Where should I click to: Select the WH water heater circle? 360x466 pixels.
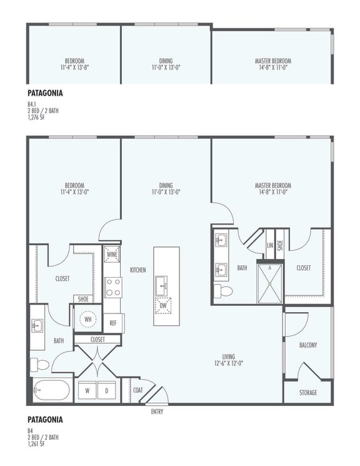87,320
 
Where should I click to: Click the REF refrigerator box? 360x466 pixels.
113,323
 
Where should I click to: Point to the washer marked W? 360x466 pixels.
87,390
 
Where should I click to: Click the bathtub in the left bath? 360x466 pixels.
51,391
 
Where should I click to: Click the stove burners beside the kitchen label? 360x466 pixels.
112,288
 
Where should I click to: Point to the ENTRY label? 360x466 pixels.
157,412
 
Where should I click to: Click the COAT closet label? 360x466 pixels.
138,390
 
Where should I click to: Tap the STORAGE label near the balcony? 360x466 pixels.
307,393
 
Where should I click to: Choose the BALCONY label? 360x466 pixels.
307,345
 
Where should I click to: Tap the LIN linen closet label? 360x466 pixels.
270,245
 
